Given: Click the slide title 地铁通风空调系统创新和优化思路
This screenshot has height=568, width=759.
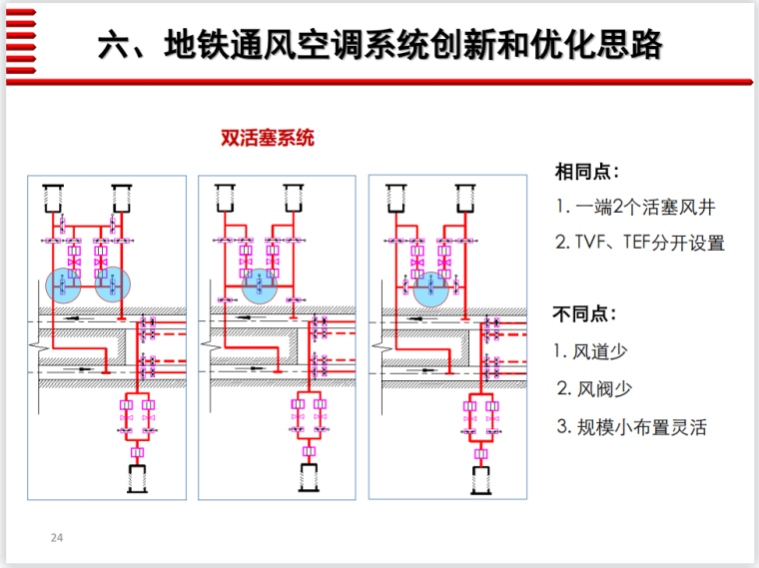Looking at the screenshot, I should click(379, 44).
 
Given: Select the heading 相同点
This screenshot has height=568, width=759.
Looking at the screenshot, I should click(587, 171).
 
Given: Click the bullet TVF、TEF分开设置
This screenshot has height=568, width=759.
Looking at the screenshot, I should click(640, 243).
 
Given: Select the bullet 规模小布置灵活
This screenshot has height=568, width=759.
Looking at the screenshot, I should click(631, 427).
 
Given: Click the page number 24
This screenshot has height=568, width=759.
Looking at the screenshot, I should click(57, 539).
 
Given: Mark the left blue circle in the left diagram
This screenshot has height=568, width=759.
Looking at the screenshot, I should click(66, 285).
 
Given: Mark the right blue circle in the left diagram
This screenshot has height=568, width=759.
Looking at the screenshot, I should click(112, 285).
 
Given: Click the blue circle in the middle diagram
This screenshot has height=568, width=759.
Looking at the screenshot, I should click(259, 286).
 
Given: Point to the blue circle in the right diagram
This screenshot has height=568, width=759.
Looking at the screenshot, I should click(430, 287).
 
